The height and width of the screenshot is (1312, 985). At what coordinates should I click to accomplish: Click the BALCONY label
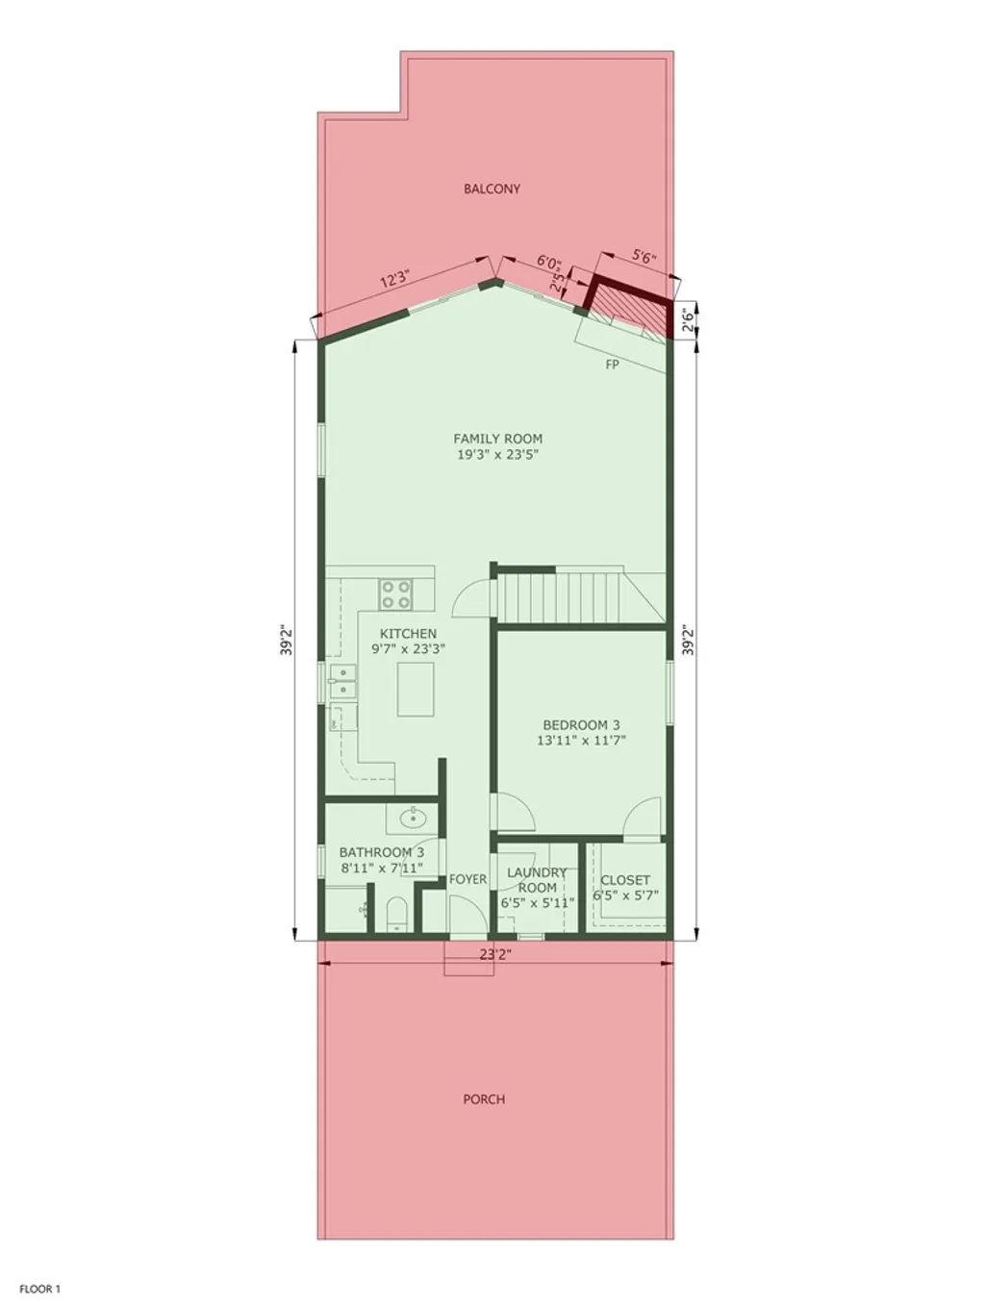[x=492, y=189]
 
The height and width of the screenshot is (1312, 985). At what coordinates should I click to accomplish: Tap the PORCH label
[x=484, y=1098]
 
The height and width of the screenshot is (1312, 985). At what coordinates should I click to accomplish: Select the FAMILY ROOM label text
[x=497, y=439]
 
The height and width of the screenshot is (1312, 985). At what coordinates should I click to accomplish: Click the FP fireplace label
[x=612, y=365]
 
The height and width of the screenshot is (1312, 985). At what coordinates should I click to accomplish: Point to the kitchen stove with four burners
[x=395, y=593]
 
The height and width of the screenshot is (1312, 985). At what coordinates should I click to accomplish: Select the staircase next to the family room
[x=563, y=597]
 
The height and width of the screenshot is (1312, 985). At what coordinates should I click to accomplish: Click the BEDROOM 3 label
[x=581, y=724]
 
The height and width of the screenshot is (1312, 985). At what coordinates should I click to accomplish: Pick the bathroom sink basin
[x=414, y=820]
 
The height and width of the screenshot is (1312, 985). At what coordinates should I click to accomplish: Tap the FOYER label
[x=467, y=879]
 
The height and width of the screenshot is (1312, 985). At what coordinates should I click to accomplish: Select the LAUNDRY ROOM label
[x=537, y=879]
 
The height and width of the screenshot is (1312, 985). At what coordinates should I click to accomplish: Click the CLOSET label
[x=625, y=879]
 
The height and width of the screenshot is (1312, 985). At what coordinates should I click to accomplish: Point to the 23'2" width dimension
[x=494, y=955]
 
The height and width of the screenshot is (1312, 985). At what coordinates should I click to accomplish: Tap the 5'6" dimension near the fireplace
[x=644, y=256]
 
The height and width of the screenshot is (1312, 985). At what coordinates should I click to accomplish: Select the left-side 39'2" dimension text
[x=286, y=641]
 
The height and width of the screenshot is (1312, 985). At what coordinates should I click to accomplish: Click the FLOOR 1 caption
[x=39, y=1289]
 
